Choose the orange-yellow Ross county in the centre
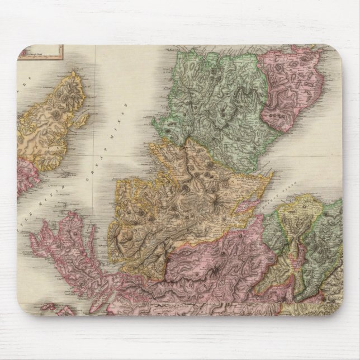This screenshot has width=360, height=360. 184,190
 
